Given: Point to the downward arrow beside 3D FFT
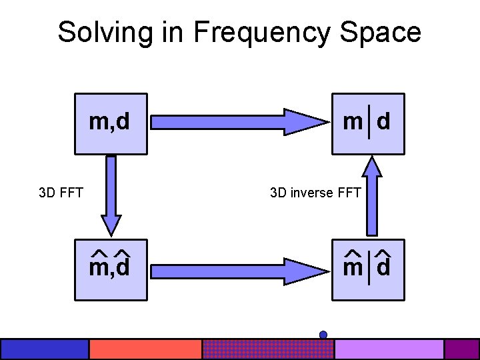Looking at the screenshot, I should point(111,193).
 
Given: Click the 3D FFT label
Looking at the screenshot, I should point(61,193).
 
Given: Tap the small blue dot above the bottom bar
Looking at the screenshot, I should point(323,334).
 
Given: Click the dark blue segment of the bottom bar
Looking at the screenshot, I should point(44,349).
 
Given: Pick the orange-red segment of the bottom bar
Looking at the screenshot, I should point(145,349).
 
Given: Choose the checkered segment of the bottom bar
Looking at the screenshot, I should point(267,349).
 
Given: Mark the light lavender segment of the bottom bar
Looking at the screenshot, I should point(389,349).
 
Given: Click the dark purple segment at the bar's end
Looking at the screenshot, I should point(461,349).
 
